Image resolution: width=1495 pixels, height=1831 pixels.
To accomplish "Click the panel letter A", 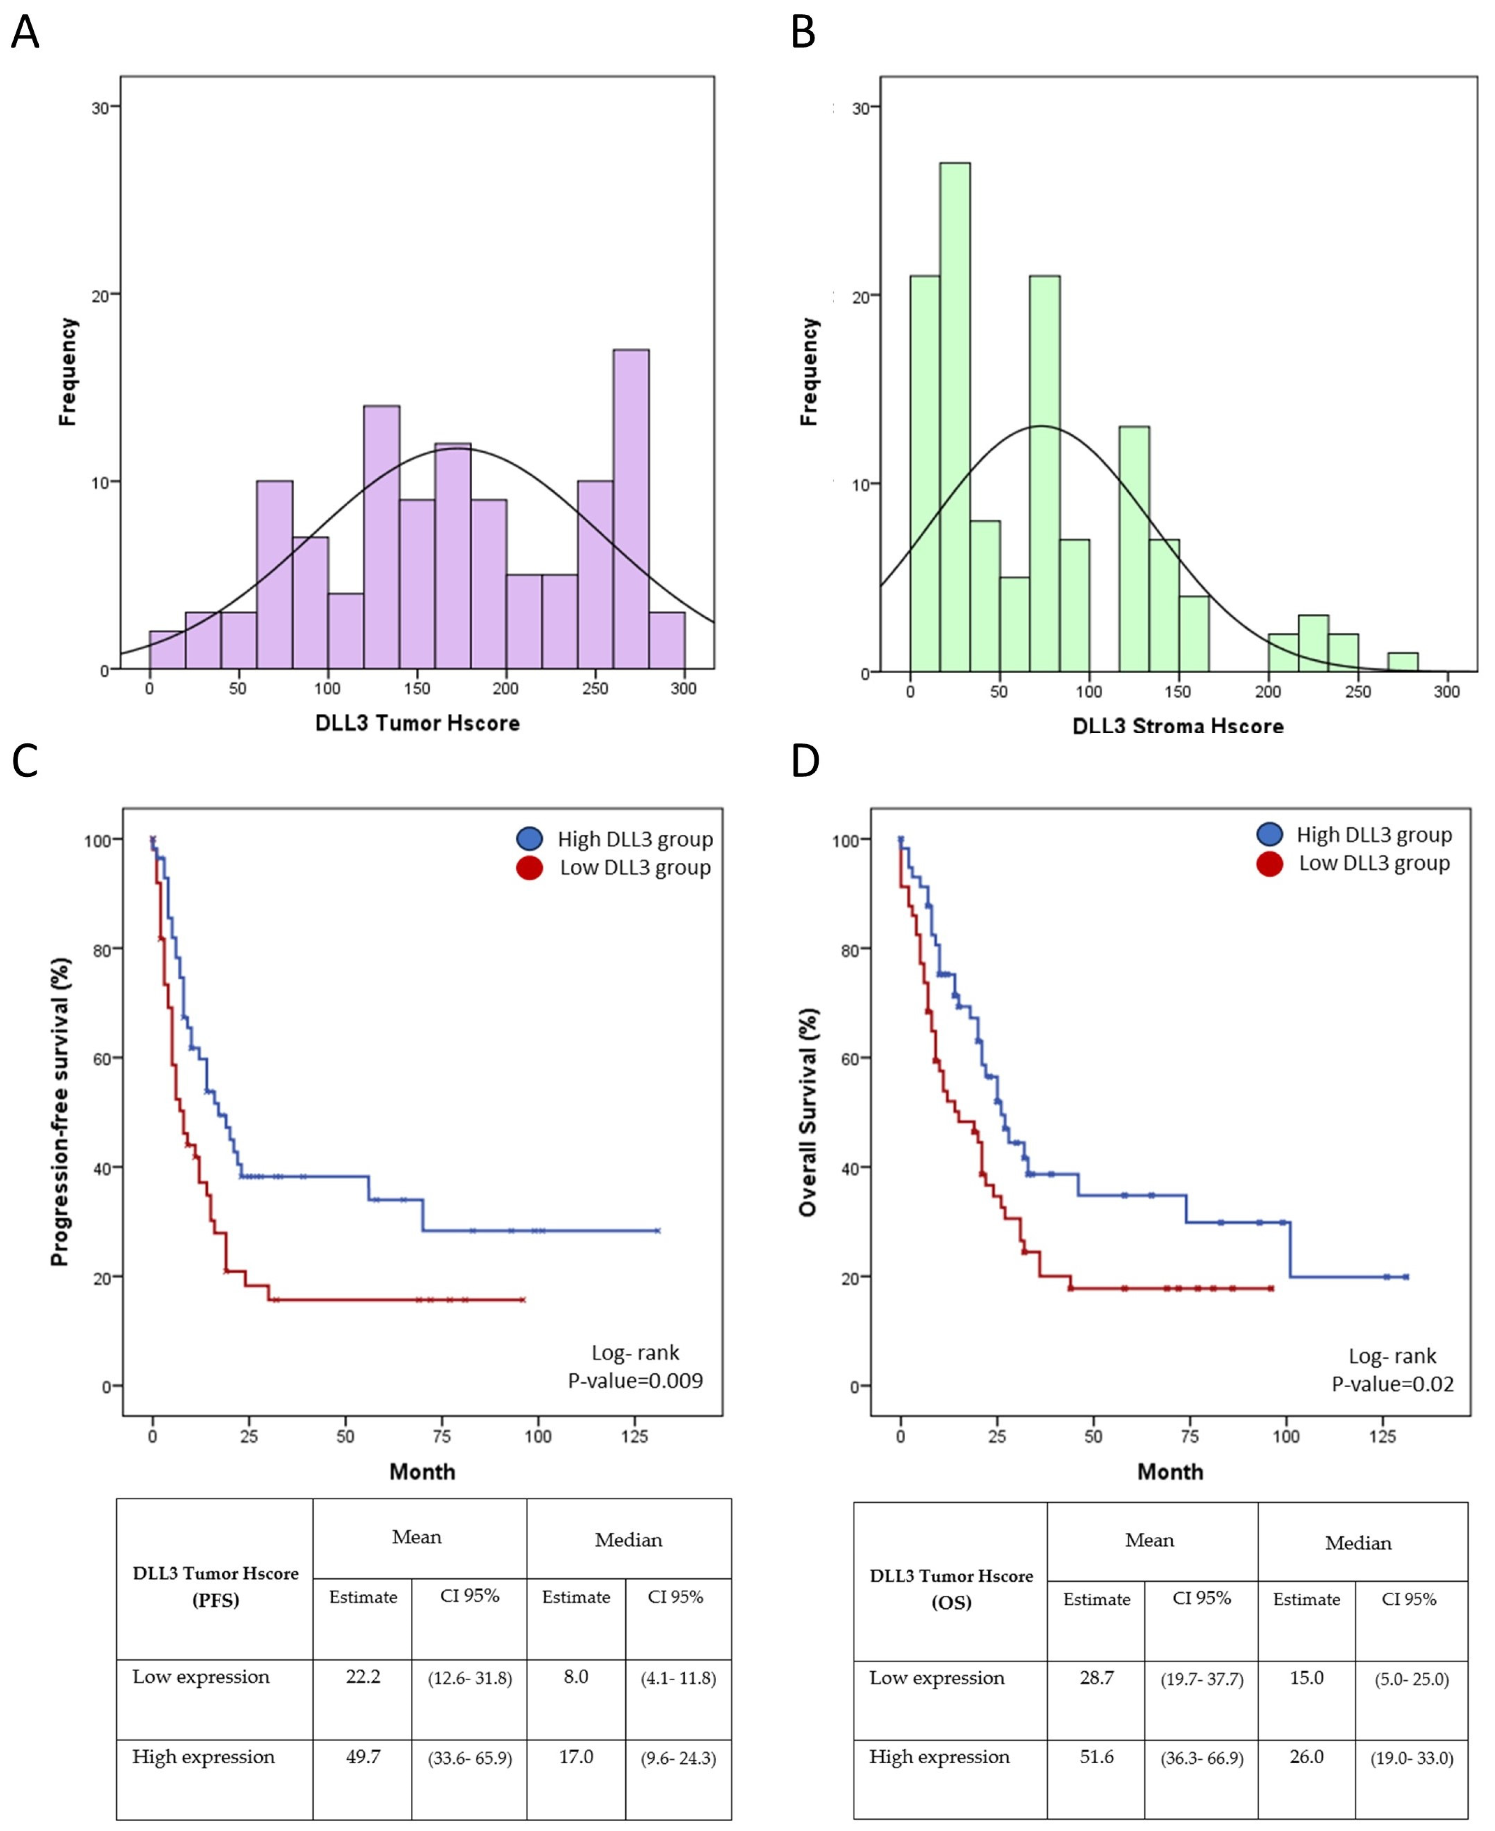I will (x=25, y=34).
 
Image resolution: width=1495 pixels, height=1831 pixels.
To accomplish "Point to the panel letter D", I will (x=804, y=761).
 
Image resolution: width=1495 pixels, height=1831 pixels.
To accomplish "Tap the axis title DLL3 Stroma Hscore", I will (x=1177, y=726).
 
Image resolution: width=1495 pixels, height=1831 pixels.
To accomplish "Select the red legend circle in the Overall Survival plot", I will (x=1269, y=863).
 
